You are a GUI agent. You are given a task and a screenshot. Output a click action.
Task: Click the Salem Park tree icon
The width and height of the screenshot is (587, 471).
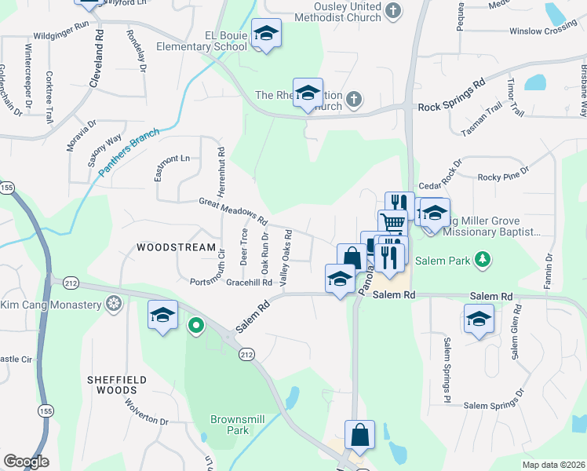point(484,258)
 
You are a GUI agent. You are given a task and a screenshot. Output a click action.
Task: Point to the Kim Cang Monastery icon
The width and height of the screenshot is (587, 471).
point(115,304)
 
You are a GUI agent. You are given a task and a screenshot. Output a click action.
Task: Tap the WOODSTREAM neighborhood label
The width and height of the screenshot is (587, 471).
point(176,247)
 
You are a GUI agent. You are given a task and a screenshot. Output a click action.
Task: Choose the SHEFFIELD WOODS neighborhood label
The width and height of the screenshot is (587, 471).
point(117,384)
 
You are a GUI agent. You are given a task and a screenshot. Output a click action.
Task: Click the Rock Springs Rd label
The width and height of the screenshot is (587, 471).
point(451,94)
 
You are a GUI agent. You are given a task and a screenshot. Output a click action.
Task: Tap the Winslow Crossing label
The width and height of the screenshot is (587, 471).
point(543,31)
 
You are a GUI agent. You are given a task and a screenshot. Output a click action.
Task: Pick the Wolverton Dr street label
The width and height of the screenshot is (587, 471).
point(146,411)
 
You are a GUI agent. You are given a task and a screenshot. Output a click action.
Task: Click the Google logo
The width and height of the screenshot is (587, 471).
point(26,462)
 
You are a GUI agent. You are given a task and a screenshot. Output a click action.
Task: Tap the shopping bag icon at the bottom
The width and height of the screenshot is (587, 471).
point(359,435)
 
